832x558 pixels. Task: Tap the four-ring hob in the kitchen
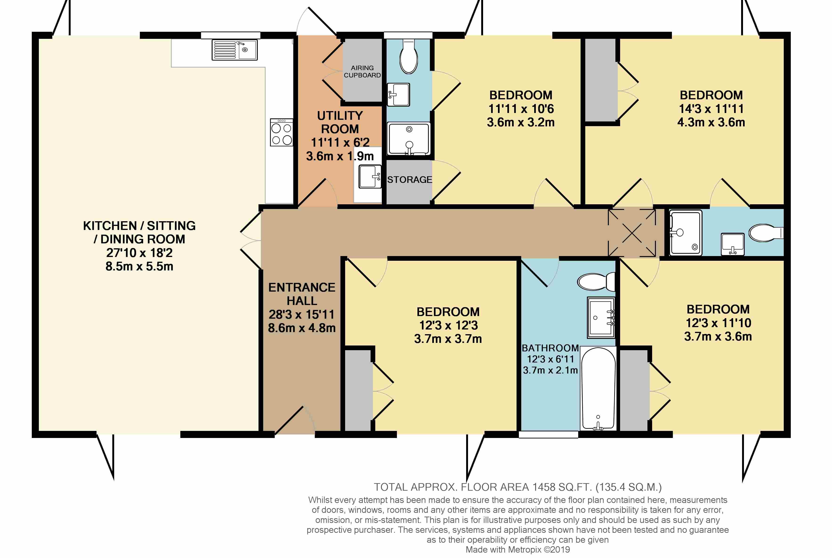click(282, 132)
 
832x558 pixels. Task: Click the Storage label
click(409, 180)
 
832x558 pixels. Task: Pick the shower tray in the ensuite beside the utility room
click(409, 139)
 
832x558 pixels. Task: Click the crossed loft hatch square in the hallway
click(632, 233)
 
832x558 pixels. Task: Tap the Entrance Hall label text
click(302, 294)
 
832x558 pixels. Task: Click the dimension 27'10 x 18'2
click(139, 253)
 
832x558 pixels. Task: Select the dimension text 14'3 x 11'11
click(711, 108)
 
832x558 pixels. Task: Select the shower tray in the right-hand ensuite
click(686, 233)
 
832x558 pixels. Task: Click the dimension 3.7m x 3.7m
click(448, 339)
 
